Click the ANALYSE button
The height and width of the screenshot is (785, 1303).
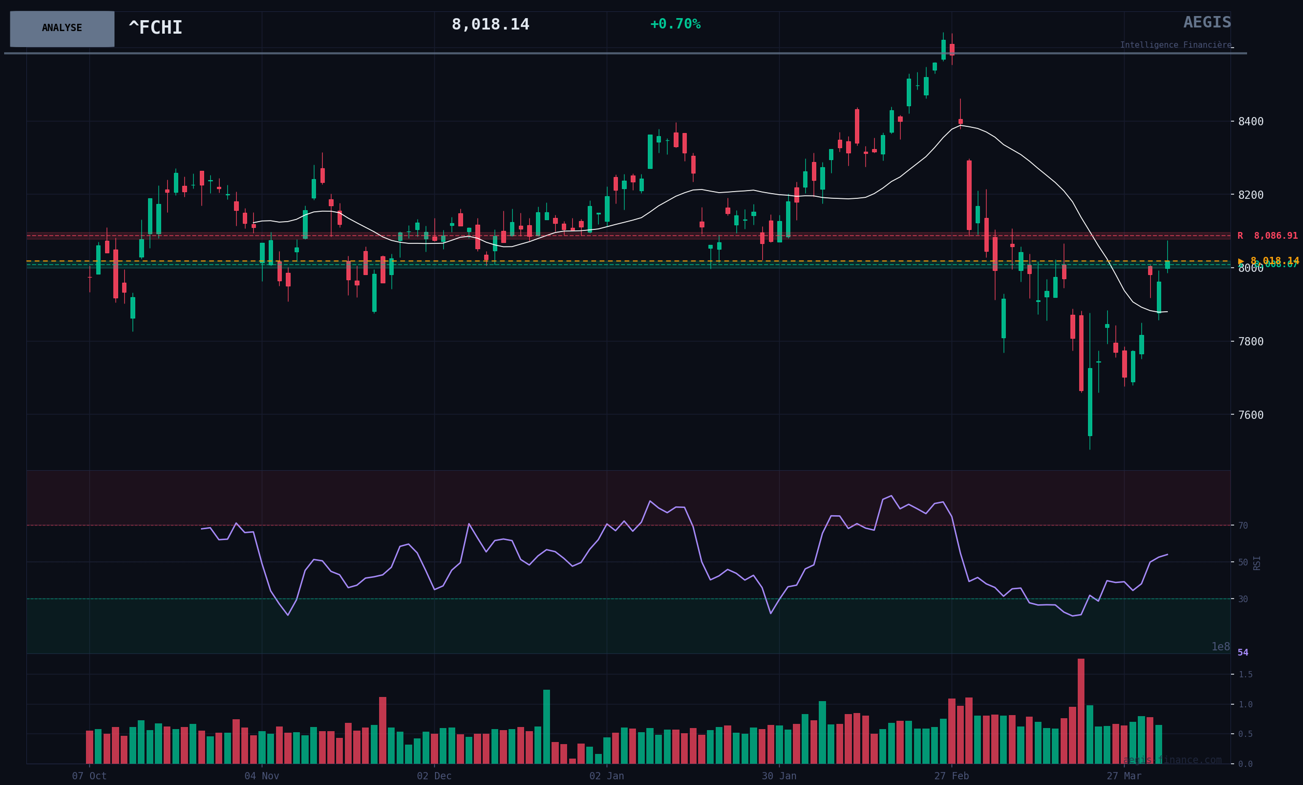pos(62,28)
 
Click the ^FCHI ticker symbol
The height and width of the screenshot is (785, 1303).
pos(155,27)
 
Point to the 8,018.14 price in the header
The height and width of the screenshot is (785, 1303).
pos(490,24)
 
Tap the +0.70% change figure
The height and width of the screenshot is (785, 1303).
pos(675,24)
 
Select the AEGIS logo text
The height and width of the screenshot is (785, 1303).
pos(1207,22)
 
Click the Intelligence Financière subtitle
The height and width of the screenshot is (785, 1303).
pos(1175,45)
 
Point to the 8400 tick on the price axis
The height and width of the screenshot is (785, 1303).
pos(1251,122)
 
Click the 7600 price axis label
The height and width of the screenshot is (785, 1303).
pos(1251,415)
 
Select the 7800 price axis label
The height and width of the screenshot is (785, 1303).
pos(1251,341)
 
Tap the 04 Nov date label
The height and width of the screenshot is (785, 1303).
pos(261,776)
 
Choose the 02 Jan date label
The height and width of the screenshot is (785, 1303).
pos(606,776)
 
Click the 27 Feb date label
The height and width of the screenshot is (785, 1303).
pos(951,776)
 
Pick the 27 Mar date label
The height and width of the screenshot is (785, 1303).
pos(1124,776)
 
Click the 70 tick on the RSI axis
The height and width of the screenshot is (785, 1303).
pos(1243,526)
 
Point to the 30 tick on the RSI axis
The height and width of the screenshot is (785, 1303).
pos(1243,599)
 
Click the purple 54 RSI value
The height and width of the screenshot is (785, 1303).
pos(1243,653)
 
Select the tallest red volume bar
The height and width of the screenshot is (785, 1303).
pos(1081,711)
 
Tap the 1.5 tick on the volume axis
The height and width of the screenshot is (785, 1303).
pos(1246,675)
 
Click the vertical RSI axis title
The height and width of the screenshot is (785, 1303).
pos(1257,562)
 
